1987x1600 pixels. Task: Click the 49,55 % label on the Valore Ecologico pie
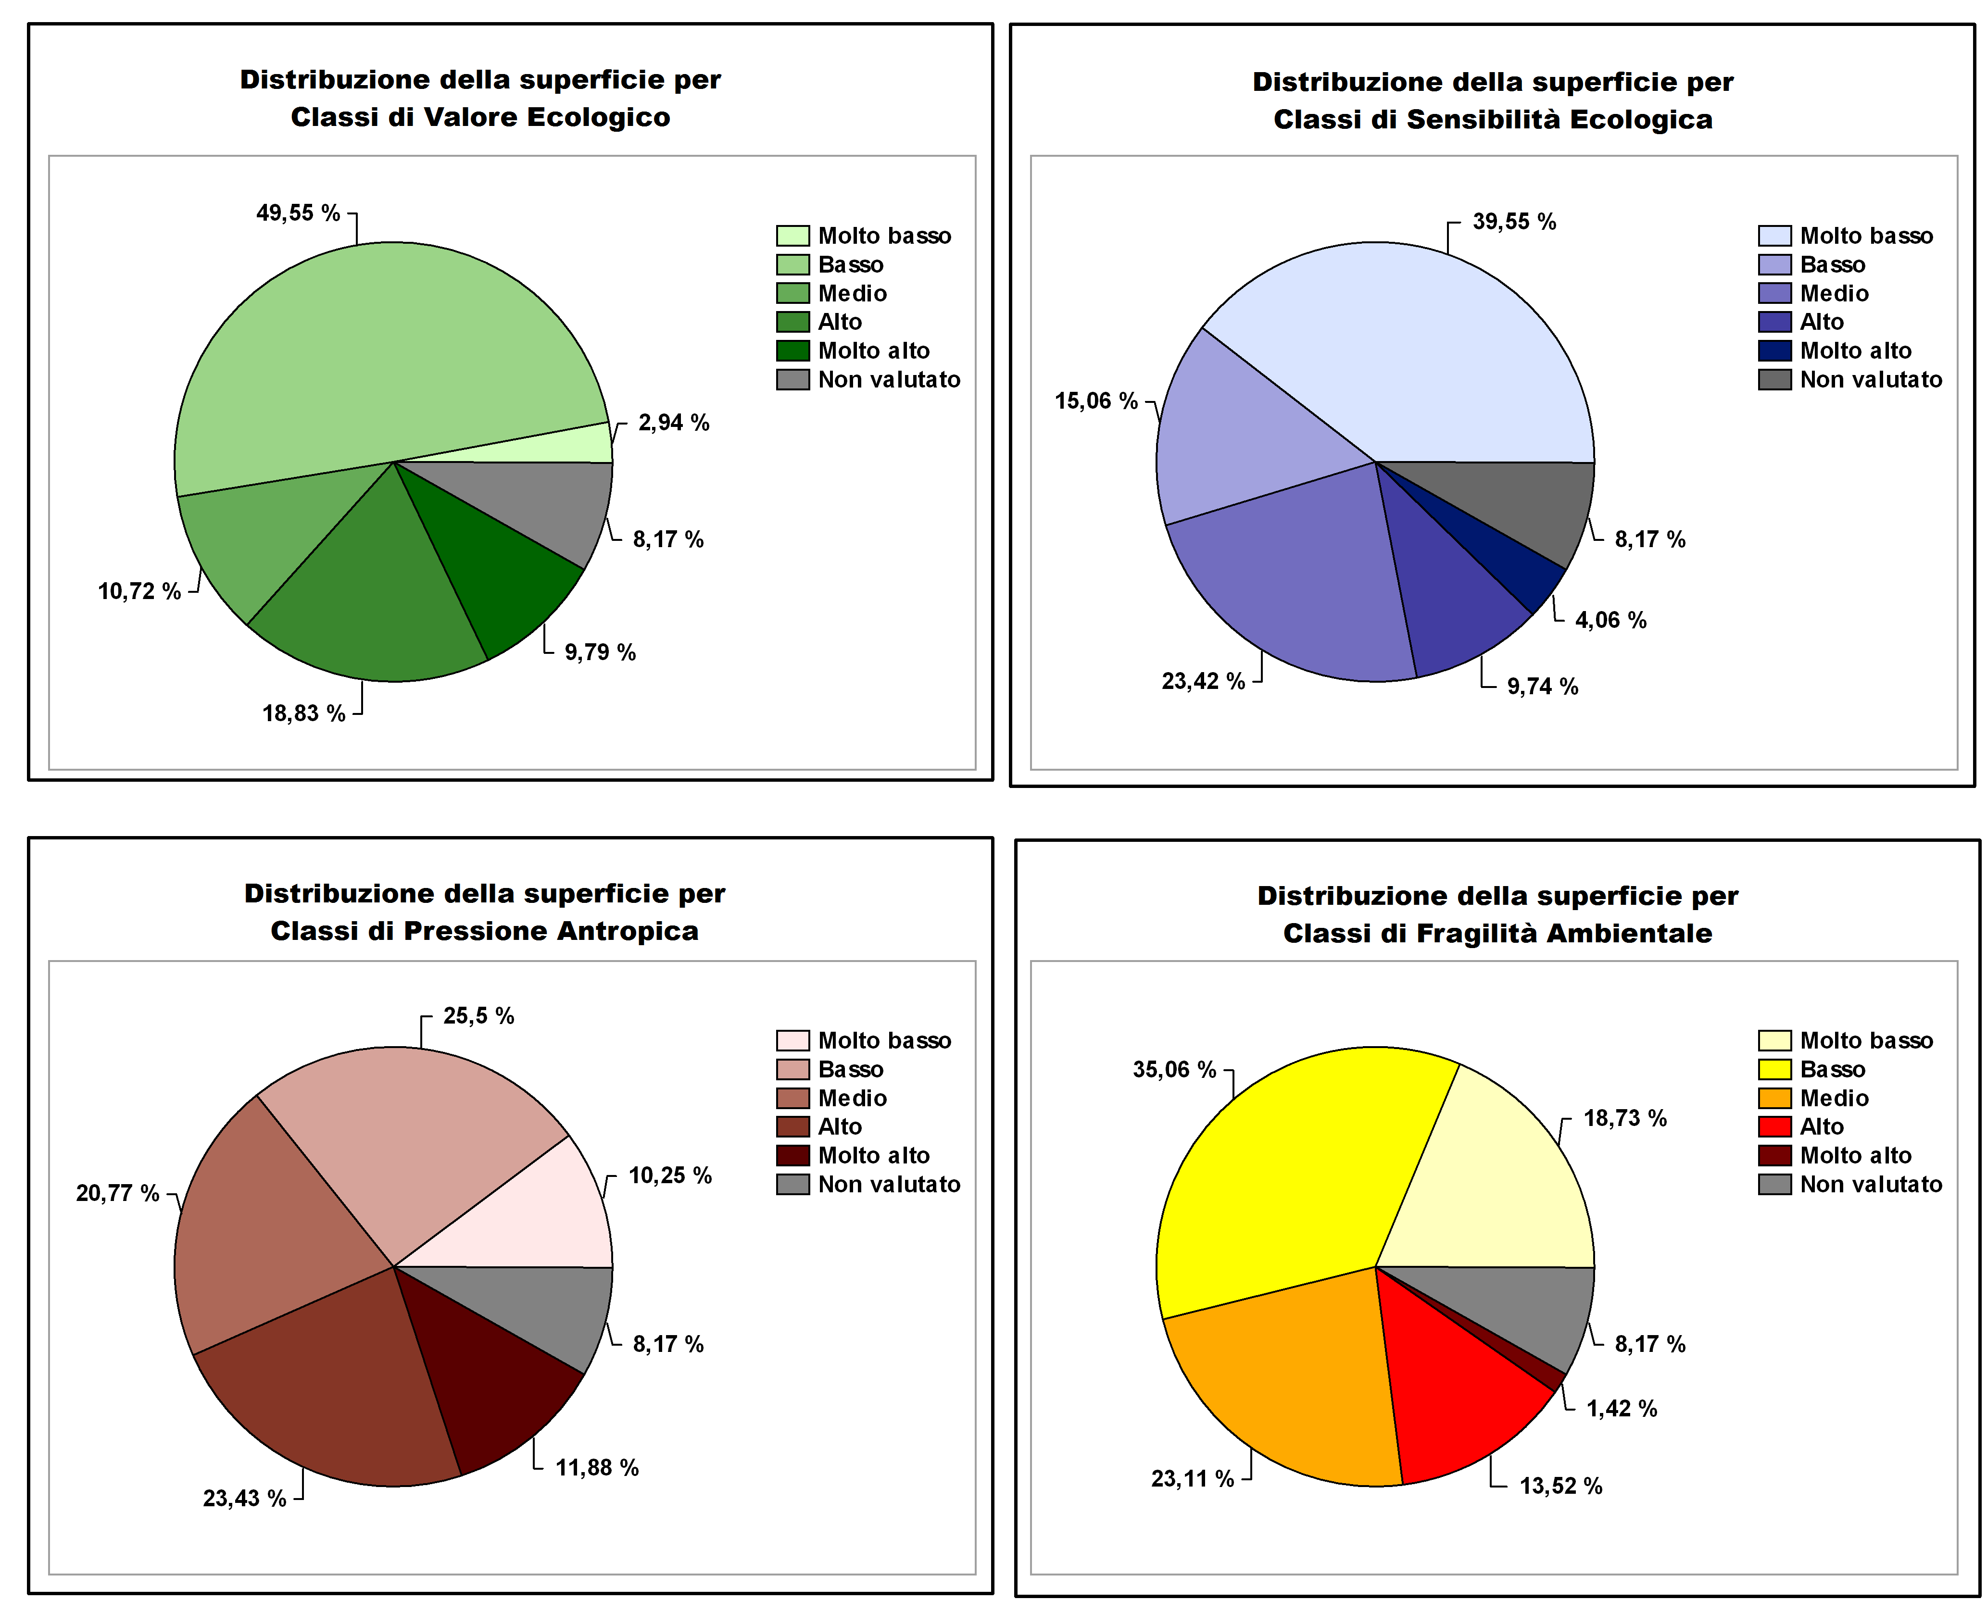pyautogui.click(x=298, y=213)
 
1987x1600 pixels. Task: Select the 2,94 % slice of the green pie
pyautogui.click(x=580, y=444)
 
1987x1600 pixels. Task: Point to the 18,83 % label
pyautogui.click(x=303, y=713)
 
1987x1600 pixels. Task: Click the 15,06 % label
pyautogui.click(x=1096, y=401)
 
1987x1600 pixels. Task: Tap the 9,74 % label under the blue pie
pyautogui.click(x=1542, y=687)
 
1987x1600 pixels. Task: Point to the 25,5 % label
pyautogui.click(x=478, y=1016)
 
